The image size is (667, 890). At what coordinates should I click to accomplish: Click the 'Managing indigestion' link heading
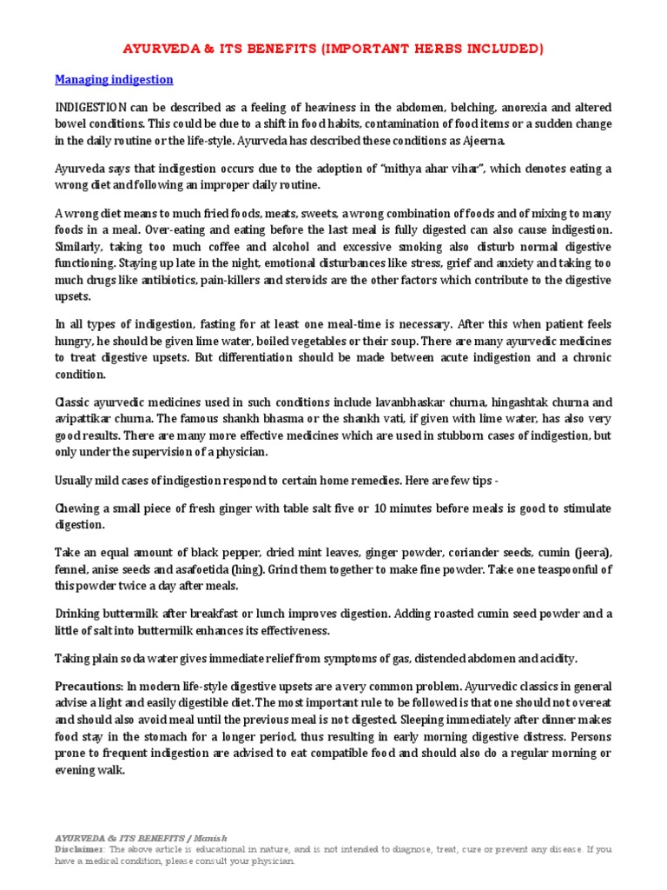coord(114,80)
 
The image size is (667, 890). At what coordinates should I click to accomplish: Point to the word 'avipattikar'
coord(87,420)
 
